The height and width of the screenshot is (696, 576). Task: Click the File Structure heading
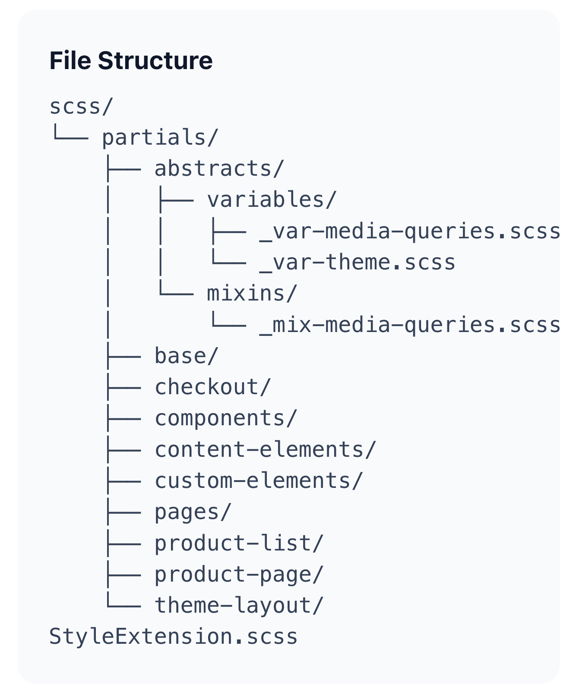pyautogui.click(x=131, y=60)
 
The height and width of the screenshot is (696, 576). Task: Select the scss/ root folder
pyautogui.click(x=81, y=107)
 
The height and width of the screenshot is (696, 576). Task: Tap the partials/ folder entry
pyautogui.click(x=160, y=138)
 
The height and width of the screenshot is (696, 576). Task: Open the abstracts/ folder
pyautogui.click(x=219, y=169)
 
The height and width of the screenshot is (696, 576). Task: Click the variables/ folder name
pyautogui.click(x=271, y=200)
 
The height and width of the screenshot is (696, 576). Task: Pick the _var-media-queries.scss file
pyautogui.click(x=409, y=231)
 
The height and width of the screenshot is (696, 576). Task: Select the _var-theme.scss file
pyautogui.click(x=357, y=263)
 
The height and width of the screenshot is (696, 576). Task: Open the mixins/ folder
pyautogui.click(x=252, y=294)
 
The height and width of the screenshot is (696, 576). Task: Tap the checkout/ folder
pyautogui.click(x=212, y=387)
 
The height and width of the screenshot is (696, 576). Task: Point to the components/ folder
pyautogui.click(x=226, y=418)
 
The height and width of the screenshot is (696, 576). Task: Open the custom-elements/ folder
pyautogui.click(x=259, y=481)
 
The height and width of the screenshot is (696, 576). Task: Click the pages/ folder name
pyautogui.click(x=193, y=512)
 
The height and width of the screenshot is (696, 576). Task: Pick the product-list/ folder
pyautogui.click(x=239, y=543)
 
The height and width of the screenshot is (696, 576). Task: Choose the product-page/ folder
pyautogui.click(x=239, y=575)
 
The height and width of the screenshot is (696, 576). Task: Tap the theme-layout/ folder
pyautogui.click(x=239, y=606)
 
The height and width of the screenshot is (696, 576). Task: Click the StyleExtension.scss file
pyautogui.click(x=173, y=637)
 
